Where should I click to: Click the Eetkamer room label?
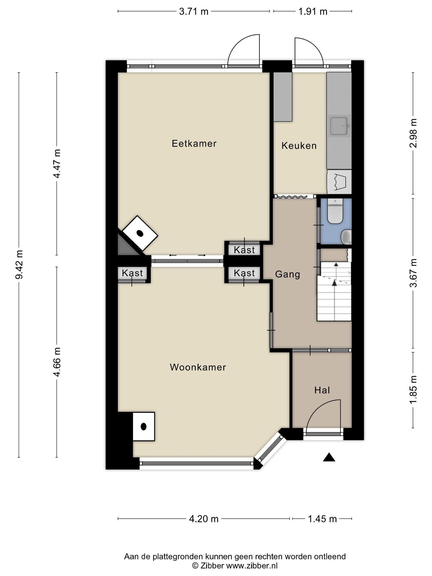(x=194, y=144)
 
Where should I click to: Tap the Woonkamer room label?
(x=198, y=367)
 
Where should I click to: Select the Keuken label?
(x=299, y=146)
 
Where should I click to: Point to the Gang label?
(x=287, y=274)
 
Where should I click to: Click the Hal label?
(x=322, y=390)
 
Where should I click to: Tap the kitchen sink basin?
(x=339, y=126)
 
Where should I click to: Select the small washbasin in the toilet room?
(x=346, y=237)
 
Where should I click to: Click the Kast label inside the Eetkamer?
(x=244, y=250)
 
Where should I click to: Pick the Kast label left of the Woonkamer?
(x=132, y=273)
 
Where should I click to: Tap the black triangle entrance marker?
(x=329, y=457)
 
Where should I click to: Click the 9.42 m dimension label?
(x=19, y=264)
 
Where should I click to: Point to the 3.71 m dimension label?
(x=194, y=12)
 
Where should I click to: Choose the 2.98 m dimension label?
(x=413, y=133)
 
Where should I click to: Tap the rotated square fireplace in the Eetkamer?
(x=139, y=233)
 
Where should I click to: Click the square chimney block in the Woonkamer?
(x=143, y=426)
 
